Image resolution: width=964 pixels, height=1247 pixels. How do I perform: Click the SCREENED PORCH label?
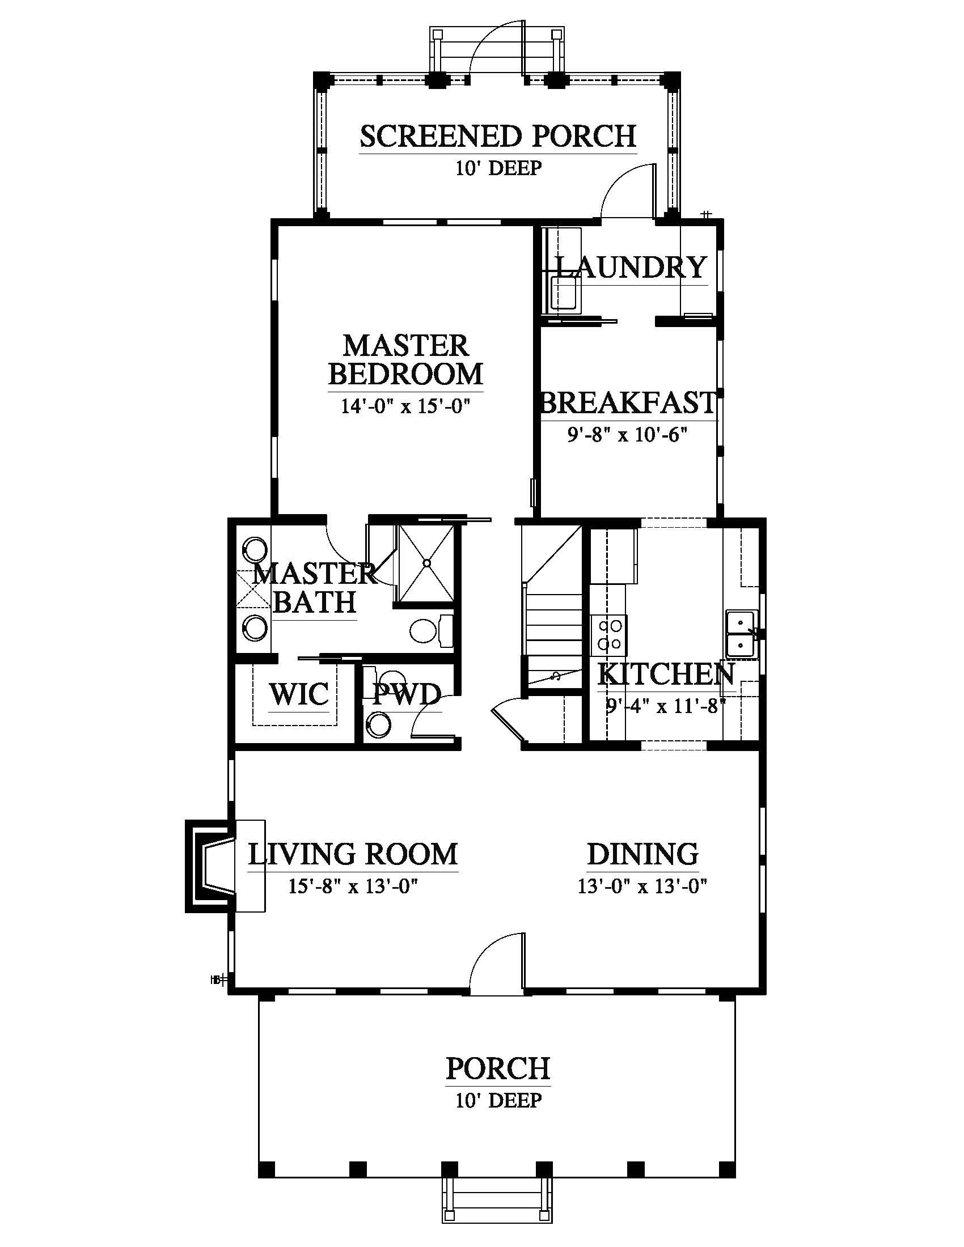point(498,137)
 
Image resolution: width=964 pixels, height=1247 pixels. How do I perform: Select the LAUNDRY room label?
point(631,267)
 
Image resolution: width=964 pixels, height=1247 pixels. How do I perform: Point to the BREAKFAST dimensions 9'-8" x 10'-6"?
point(627,435)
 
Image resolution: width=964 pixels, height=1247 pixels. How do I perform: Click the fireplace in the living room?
point(210,866)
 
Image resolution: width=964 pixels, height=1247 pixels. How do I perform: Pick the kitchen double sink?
point(742,633)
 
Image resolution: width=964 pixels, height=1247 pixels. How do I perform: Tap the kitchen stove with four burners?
point(609,634)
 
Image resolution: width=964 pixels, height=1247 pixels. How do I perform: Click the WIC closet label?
point(299,694)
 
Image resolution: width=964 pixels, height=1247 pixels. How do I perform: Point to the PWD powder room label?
point(407,694)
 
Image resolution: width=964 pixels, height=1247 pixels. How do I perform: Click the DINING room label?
point(643,854)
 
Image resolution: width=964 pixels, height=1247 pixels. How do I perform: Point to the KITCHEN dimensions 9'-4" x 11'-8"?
point(665,707)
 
